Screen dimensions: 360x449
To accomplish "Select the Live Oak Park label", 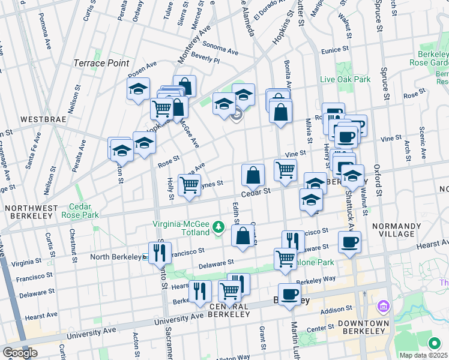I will (345, 79).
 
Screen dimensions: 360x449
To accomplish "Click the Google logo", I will (20, 353).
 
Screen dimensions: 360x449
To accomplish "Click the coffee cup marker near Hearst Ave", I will (349, 242).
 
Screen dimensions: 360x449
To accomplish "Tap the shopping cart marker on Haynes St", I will (190, 185).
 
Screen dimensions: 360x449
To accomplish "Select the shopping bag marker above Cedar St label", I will (253, 175).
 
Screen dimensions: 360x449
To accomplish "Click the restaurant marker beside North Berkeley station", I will (160, 252).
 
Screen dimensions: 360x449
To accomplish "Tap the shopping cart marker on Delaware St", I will (285, 259).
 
